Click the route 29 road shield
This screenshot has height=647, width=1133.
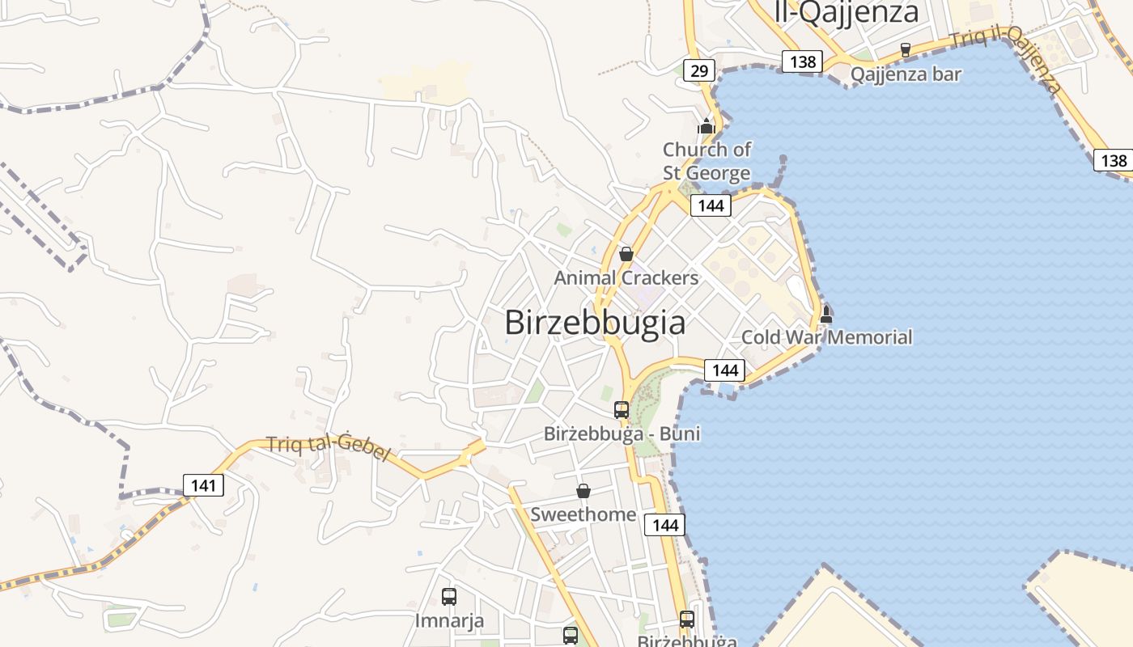pyautogui.click(x=699, y=71)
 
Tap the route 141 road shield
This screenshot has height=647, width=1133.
pyautogui.click(x=203, y=485)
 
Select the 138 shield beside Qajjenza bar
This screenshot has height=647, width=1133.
pyautogui.click(x=802, y=61)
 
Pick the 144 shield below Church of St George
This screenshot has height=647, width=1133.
pyautogui.click(x=711, y=205)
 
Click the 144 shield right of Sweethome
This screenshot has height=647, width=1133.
pyautogui.click(x=665, y=525)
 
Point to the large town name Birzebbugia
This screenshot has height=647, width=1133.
pyautogui.click(x=595, y=323)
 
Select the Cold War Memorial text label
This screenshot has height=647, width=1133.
pyautogui.click(x=827, y=337)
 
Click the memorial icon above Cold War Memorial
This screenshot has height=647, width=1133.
pyautogui.click(x=826, y=314)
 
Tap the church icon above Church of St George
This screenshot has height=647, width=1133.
pyautogui.click(x=707, y=126)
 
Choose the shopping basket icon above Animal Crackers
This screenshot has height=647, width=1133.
pyautogui.click(x=626, y=254)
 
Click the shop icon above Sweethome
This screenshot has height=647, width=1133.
pyautogui.click(x=583, y=491)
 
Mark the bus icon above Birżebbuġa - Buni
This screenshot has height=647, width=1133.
pyautogui.click(x=622, y=410)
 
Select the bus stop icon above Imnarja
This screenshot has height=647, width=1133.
pyautogui.click(x=449, y=597)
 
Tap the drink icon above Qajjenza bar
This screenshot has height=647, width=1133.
pyautogui.click(x=906, y=49)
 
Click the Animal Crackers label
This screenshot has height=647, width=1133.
pyautogui.click(x=626, y=278)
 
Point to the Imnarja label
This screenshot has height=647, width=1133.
pyautogui.click(x=449, y=621)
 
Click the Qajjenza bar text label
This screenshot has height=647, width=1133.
pyautogui.click(x=906, y=74)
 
